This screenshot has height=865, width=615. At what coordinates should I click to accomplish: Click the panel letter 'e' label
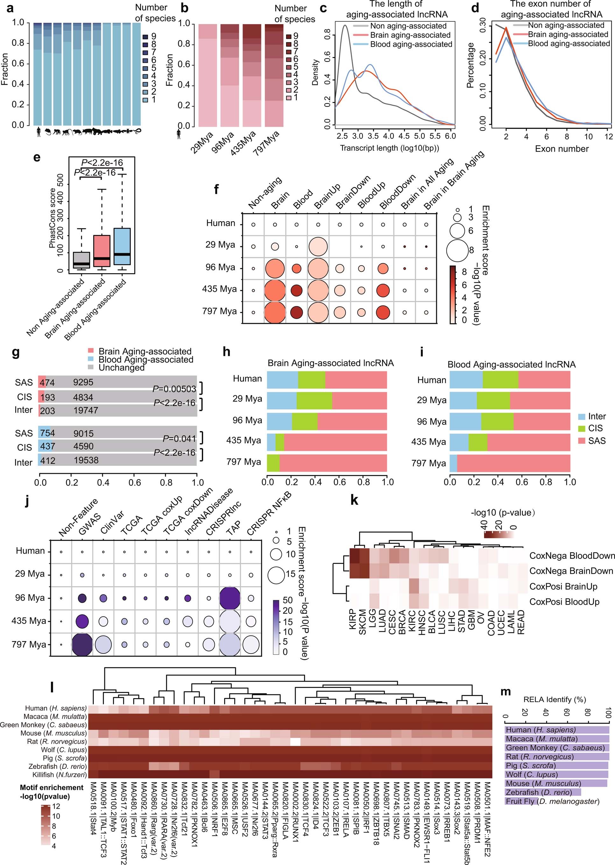click(37, 157)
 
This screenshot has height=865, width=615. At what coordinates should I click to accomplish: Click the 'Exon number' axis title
click(562, 149)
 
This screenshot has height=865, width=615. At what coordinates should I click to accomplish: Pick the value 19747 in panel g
click(86, 410)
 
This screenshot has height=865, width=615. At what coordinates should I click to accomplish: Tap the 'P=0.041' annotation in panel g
click(179, 439)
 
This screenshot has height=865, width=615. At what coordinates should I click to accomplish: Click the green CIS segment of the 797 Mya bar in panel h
click(273, 462)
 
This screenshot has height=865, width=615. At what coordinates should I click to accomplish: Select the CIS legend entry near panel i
click(593, 428)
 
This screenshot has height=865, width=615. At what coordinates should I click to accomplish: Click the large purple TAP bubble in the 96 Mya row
click(230, 598)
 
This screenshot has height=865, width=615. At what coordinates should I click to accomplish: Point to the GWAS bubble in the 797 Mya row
click(82, 645)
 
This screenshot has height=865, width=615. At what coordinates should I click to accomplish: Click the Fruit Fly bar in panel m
click(521, 801)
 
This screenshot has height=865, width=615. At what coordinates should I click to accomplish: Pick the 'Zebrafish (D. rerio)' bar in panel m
click(542, 792)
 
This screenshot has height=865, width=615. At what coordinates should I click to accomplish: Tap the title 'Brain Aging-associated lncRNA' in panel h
click(330, 363)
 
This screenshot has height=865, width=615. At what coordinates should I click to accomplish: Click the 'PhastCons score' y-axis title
click(52, 218)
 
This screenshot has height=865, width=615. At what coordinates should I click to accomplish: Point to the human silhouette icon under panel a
click(39, 132)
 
